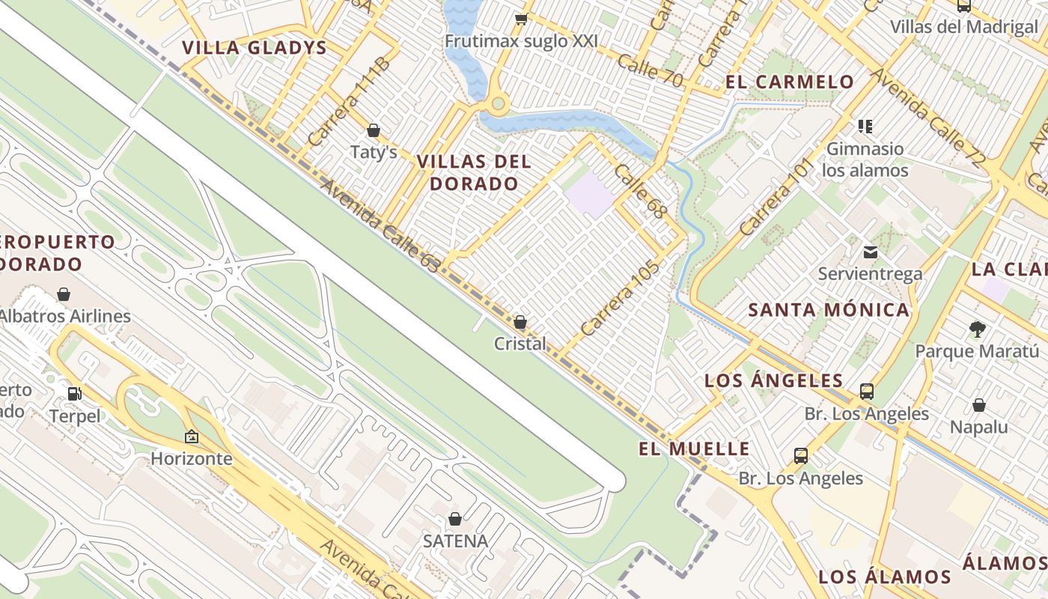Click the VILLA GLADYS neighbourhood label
(x=255, y=48)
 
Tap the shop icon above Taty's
(x=374, y=131)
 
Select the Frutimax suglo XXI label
(x=521, y=41)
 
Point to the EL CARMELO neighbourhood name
(x=790, y=82)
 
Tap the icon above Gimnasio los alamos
(x=865, y=127)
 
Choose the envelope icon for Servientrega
(x=870, y=252)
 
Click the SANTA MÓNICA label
(x=829, y=310)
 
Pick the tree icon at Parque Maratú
(x=976, y=328)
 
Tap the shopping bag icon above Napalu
(x=978, y=405)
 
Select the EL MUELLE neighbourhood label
(x=694, y=449)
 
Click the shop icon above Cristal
(x=520, y=322)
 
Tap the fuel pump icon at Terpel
(x=75, y=393)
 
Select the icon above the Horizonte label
(x=192, y=436)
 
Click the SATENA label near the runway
(x=455, y=541)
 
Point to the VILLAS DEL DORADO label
(x=474, y=172)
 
